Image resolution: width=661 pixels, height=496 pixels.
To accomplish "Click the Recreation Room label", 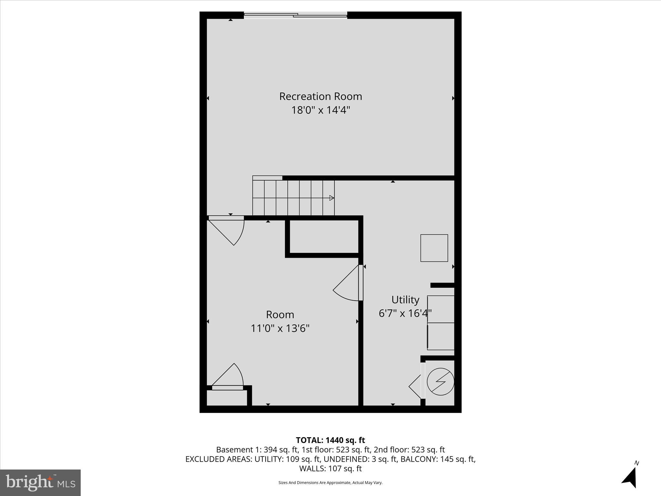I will point(320,96).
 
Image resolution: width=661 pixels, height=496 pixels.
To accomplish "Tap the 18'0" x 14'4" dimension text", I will point(320,110).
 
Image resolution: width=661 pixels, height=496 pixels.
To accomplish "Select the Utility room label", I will point(405,300).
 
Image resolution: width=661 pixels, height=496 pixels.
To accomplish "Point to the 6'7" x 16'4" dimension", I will point(405,313).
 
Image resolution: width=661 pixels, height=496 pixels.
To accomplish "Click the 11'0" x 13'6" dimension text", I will point(280,328).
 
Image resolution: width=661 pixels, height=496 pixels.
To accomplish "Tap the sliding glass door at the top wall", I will point(295,15).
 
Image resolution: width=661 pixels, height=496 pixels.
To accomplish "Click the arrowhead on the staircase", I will point(331,198).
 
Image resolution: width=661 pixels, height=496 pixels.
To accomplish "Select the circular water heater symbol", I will point(440,382).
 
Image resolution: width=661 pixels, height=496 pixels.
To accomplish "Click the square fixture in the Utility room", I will point(434,248).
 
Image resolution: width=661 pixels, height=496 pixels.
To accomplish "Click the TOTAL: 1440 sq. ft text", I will point(330,440).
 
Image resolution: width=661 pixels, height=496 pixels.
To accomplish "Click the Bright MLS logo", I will point(40,482).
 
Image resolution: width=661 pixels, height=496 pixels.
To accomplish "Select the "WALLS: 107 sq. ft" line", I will point(330,469).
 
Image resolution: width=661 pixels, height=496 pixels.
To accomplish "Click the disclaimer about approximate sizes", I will point(330,483).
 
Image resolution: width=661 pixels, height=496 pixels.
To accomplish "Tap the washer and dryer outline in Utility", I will point(441,323).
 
